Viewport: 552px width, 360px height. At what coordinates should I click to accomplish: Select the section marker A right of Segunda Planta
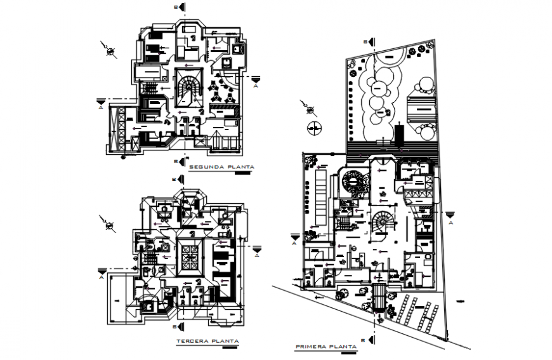[x=255, y=81]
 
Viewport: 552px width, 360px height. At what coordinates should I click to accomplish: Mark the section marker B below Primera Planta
[x=373, y=337]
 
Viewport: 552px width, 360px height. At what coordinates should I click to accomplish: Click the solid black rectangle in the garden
[x=398, y=133]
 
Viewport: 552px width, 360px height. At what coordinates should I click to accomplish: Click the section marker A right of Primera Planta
[x=451, y=218]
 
